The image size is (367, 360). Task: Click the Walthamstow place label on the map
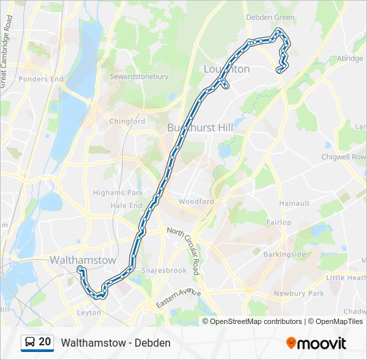click(x=83, y=259)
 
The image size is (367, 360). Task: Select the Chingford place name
click(x=127, y=121)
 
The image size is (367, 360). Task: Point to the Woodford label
click(x=196, y=201)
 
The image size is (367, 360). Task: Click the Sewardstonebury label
click(x=139, y=77)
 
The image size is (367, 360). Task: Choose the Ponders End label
click(x=41, y=79)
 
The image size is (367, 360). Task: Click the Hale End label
click(x=127, y=206)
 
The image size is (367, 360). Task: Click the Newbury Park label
click(x=298, y=293)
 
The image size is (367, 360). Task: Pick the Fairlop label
click(x=278, y=222)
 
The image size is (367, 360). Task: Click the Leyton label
click(x=89, y=312)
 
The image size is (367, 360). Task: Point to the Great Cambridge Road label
click(x=7, y=50)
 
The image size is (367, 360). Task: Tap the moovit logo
click(x=316, y=343)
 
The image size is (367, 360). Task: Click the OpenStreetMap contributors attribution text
click(x=256, y=321)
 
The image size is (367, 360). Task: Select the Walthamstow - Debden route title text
click(x=115, y=343)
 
